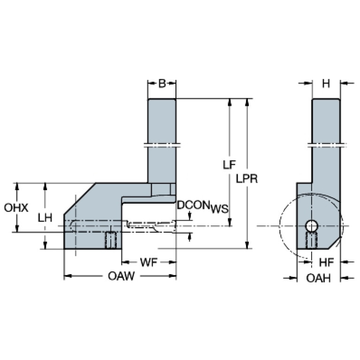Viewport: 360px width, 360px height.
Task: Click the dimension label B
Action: (x=161, y=84)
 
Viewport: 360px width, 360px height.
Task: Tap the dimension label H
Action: (x=326, y=84)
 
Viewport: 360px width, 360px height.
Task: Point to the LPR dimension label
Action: (x=248, y=179)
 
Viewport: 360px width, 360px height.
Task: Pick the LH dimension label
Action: (x=45, y=217)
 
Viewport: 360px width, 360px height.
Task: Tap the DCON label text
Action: (x=193, y=205)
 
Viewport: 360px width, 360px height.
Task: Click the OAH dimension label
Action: (x=319, y=278)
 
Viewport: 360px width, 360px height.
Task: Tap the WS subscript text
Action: (x=218, y=208)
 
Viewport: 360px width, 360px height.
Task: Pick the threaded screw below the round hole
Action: (x=310, y=241)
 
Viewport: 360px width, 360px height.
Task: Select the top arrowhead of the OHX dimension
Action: (x=17, y=185)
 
